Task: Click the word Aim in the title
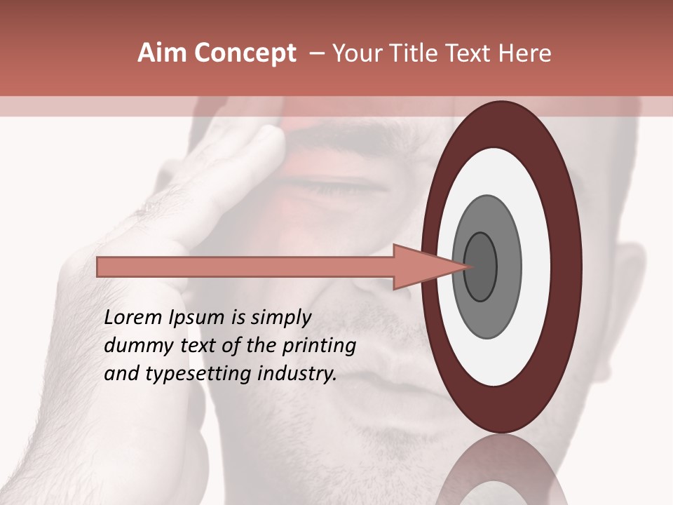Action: pos(163,53)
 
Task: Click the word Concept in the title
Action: pos(245,53)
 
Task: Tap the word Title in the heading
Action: pos(416,53)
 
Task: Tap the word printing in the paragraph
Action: pos(318,346)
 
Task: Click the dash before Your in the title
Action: pos(316,53)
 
